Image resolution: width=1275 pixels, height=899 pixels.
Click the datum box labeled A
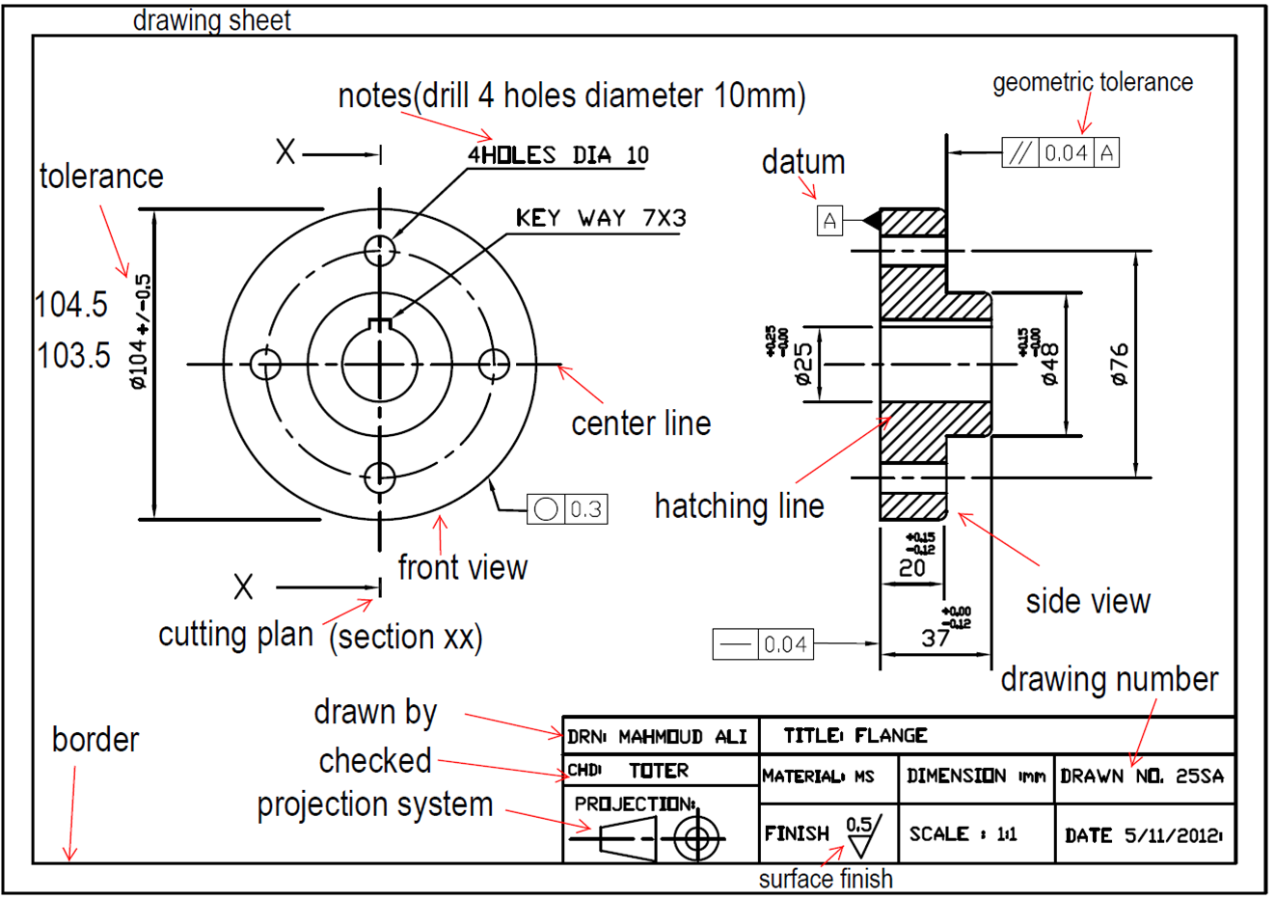tap(829, 221)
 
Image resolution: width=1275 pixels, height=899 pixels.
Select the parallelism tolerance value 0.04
tap(1066, 152)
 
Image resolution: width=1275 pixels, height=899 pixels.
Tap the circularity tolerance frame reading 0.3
tap(567, 508)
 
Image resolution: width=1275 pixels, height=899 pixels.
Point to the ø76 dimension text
tap(1119, 365)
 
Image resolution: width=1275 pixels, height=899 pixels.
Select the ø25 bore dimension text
tap(803, 365)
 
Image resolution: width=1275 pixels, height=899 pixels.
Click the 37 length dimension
tap(935, 638)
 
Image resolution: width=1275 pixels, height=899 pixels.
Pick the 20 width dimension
tap(911, 568)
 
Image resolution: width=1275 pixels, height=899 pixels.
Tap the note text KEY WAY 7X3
tap(601, 219)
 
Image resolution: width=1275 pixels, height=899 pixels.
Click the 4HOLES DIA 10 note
tap(558, 155)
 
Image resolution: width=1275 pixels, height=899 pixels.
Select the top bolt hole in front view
tap(380, 250)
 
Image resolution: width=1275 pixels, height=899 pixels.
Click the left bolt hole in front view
tap(265, 365)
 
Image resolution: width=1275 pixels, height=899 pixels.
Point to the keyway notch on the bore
tap(380, 323)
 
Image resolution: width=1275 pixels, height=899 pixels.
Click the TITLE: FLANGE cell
tap(855, 736)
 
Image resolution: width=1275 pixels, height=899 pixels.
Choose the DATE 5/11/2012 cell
tap(1144, 835)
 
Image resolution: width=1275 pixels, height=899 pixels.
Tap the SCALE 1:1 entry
tap(963, 834)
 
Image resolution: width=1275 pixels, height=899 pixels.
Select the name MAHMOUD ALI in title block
tap(682, 737)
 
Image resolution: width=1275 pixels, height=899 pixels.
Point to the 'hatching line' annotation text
tap(739, 506)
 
